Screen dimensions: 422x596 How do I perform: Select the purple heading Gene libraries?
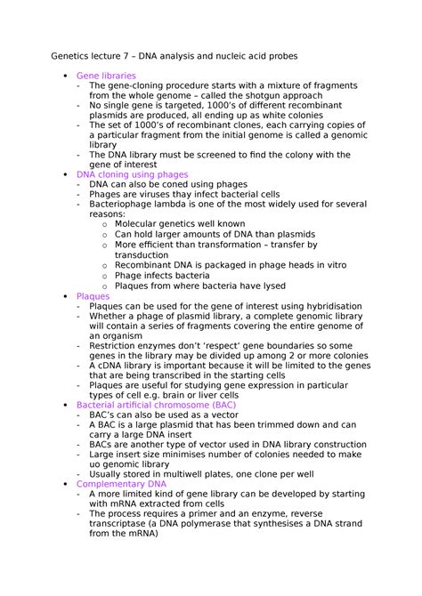point(108,77)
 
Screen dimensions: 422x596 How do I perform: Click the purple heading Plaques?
point(93,295)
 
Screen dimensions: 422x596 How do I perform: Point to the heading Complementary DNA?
point(128,484)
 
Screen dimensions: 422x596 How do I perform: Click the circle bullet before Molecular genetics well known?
point(106,225)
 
